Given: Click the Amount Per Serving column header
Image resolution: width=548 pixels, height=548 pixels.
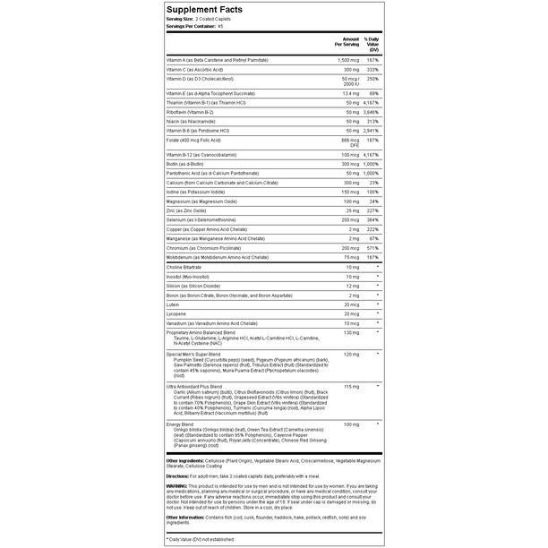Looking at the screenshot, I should click(349, 42).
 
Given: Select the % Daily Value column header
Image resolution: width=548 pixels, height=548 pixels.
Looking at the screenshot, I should click(381, 42).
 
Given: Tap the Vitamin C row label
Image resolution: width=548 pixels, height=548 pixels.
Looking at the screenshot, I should click(198, 69).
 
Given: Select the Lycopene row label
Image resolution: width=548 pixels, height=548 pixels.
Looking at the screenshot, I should click(177, 313).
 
